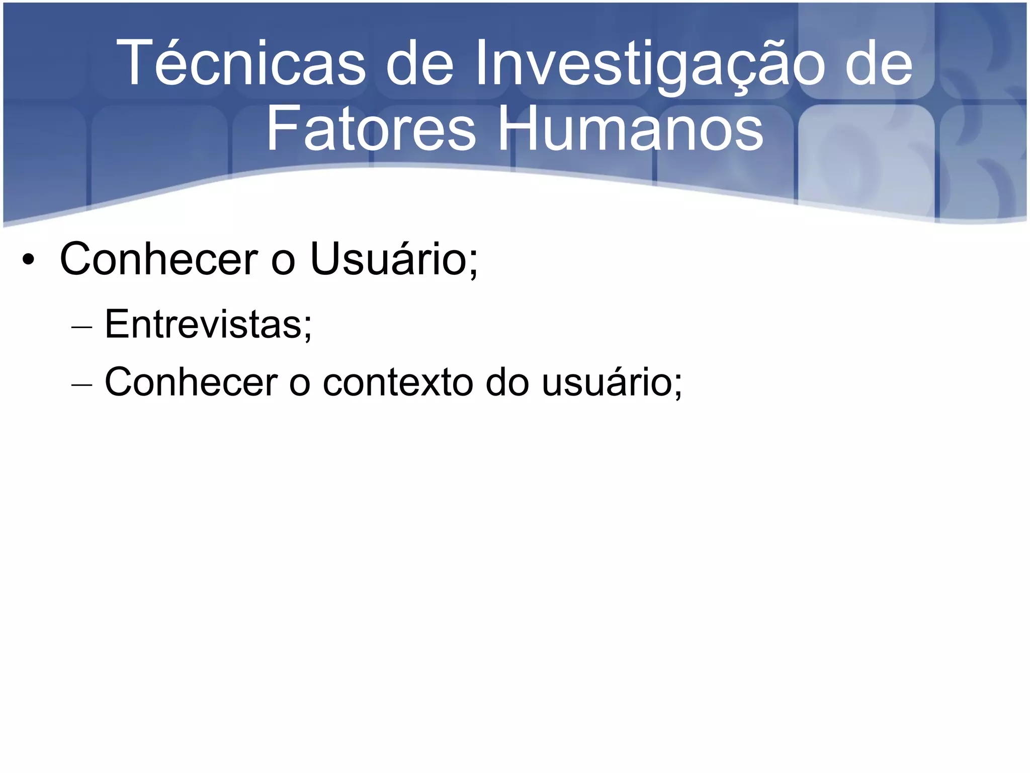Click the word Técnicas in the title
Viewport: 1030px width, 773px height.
(241, 64)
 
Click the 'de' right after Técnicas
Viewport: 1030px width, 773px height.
(420, 64)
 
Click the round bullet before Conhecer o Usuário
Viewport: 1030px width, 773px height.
(28, 260)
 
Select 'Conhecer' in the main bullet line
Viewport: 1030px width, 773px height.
(158, 259)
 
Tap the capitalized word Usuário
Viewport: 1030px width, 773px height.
(388, 259)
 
